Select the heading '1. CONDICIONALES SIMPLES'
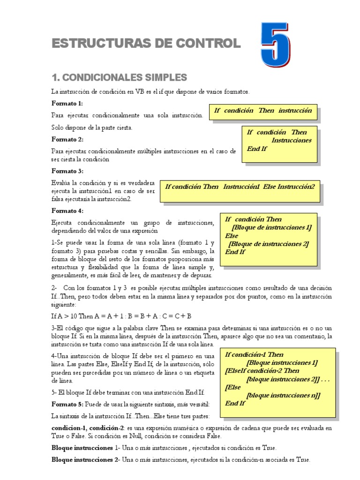[x=119, y=77]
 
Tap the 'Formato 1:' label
[x=67, y=103]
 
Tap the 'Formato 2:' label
[x=67, y=139]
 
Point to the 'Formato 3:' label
[x=67, y=171]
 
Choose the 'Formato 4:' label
[x=67, y=211]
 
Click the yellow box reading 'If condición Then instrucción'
[x=262, y=111]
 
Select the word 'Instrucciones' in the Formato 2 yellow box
[x=291, y=140]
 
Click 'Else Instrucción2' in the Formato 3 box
[x=289, y=187]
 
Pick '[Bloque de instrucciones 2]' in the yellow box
[x=269, y=244]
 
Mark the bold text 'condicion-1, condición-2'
[x=88, y=428]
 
